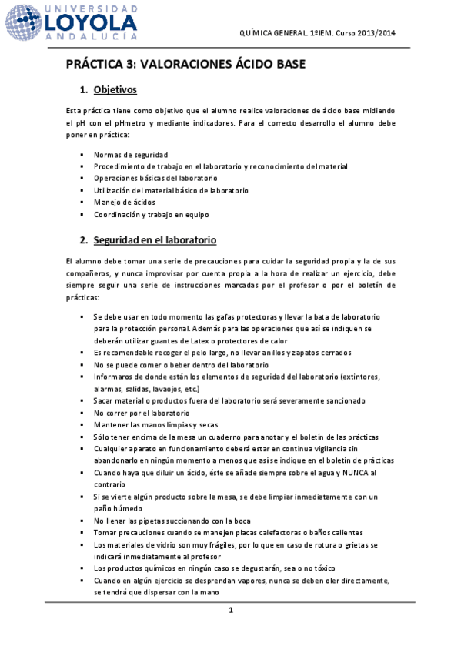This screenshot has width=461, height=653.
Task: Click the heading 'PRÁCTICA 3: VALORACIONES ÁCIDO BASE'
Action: point(186,64)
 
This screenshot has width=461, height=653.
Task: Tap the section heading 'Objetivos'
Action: point(115,90)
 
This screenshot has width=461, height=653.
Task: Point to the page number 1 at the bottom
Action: point(230,611)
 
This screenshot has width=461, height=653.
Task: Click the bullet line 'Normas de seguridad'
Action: point(131,155)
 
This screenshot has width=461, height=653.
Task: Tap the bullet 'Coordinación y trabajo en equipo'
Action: point(152,215)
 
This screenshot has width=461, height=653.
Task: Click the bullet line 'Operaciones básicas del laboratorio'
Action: point(155,179)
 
